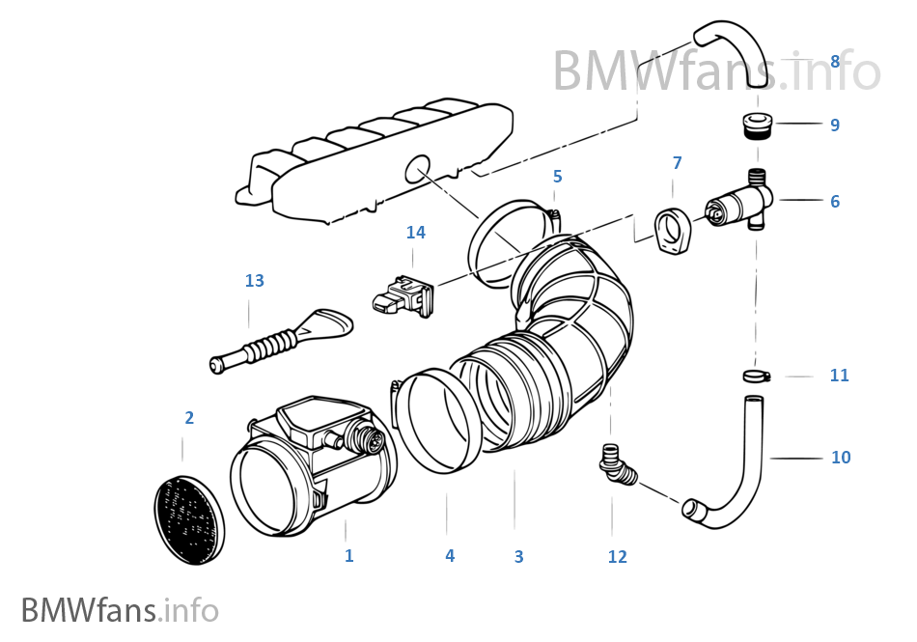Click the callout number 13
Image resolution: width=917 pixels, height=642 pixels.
[254, 281]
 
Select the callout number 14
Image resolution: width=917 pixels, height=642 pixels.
[415, 233]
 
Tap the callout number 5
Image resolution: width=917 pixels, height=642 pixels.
[557, 177]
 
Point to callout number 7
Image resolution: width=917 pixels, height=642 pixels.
[677, 163]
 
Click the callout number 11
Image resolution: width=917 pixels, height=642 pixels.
[839, 376]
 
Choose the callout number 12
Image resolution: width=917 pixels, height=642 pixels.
[617, 556]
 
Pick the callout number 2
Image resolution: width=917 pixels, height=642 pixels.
[189, 418]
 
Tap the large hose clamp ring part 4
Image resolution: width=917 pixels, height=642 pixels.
[439, 425]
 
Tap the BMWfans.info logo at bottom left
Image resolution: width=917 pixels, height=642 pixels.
[120, 610]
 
